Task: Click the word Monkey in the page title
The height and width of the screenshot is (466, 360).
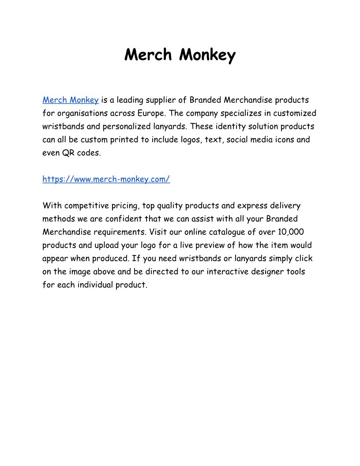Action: [207, 55]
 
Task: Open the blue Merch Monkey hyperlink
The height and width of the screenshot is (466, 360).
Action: [71, 100]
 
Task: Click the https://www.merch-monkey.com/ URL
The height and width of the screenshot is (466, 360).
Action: [106, 179]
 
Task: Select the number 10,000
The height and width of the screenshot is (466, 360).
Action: [291, 232]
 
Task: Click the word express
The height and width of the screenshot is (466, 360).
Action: [253, 206]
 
